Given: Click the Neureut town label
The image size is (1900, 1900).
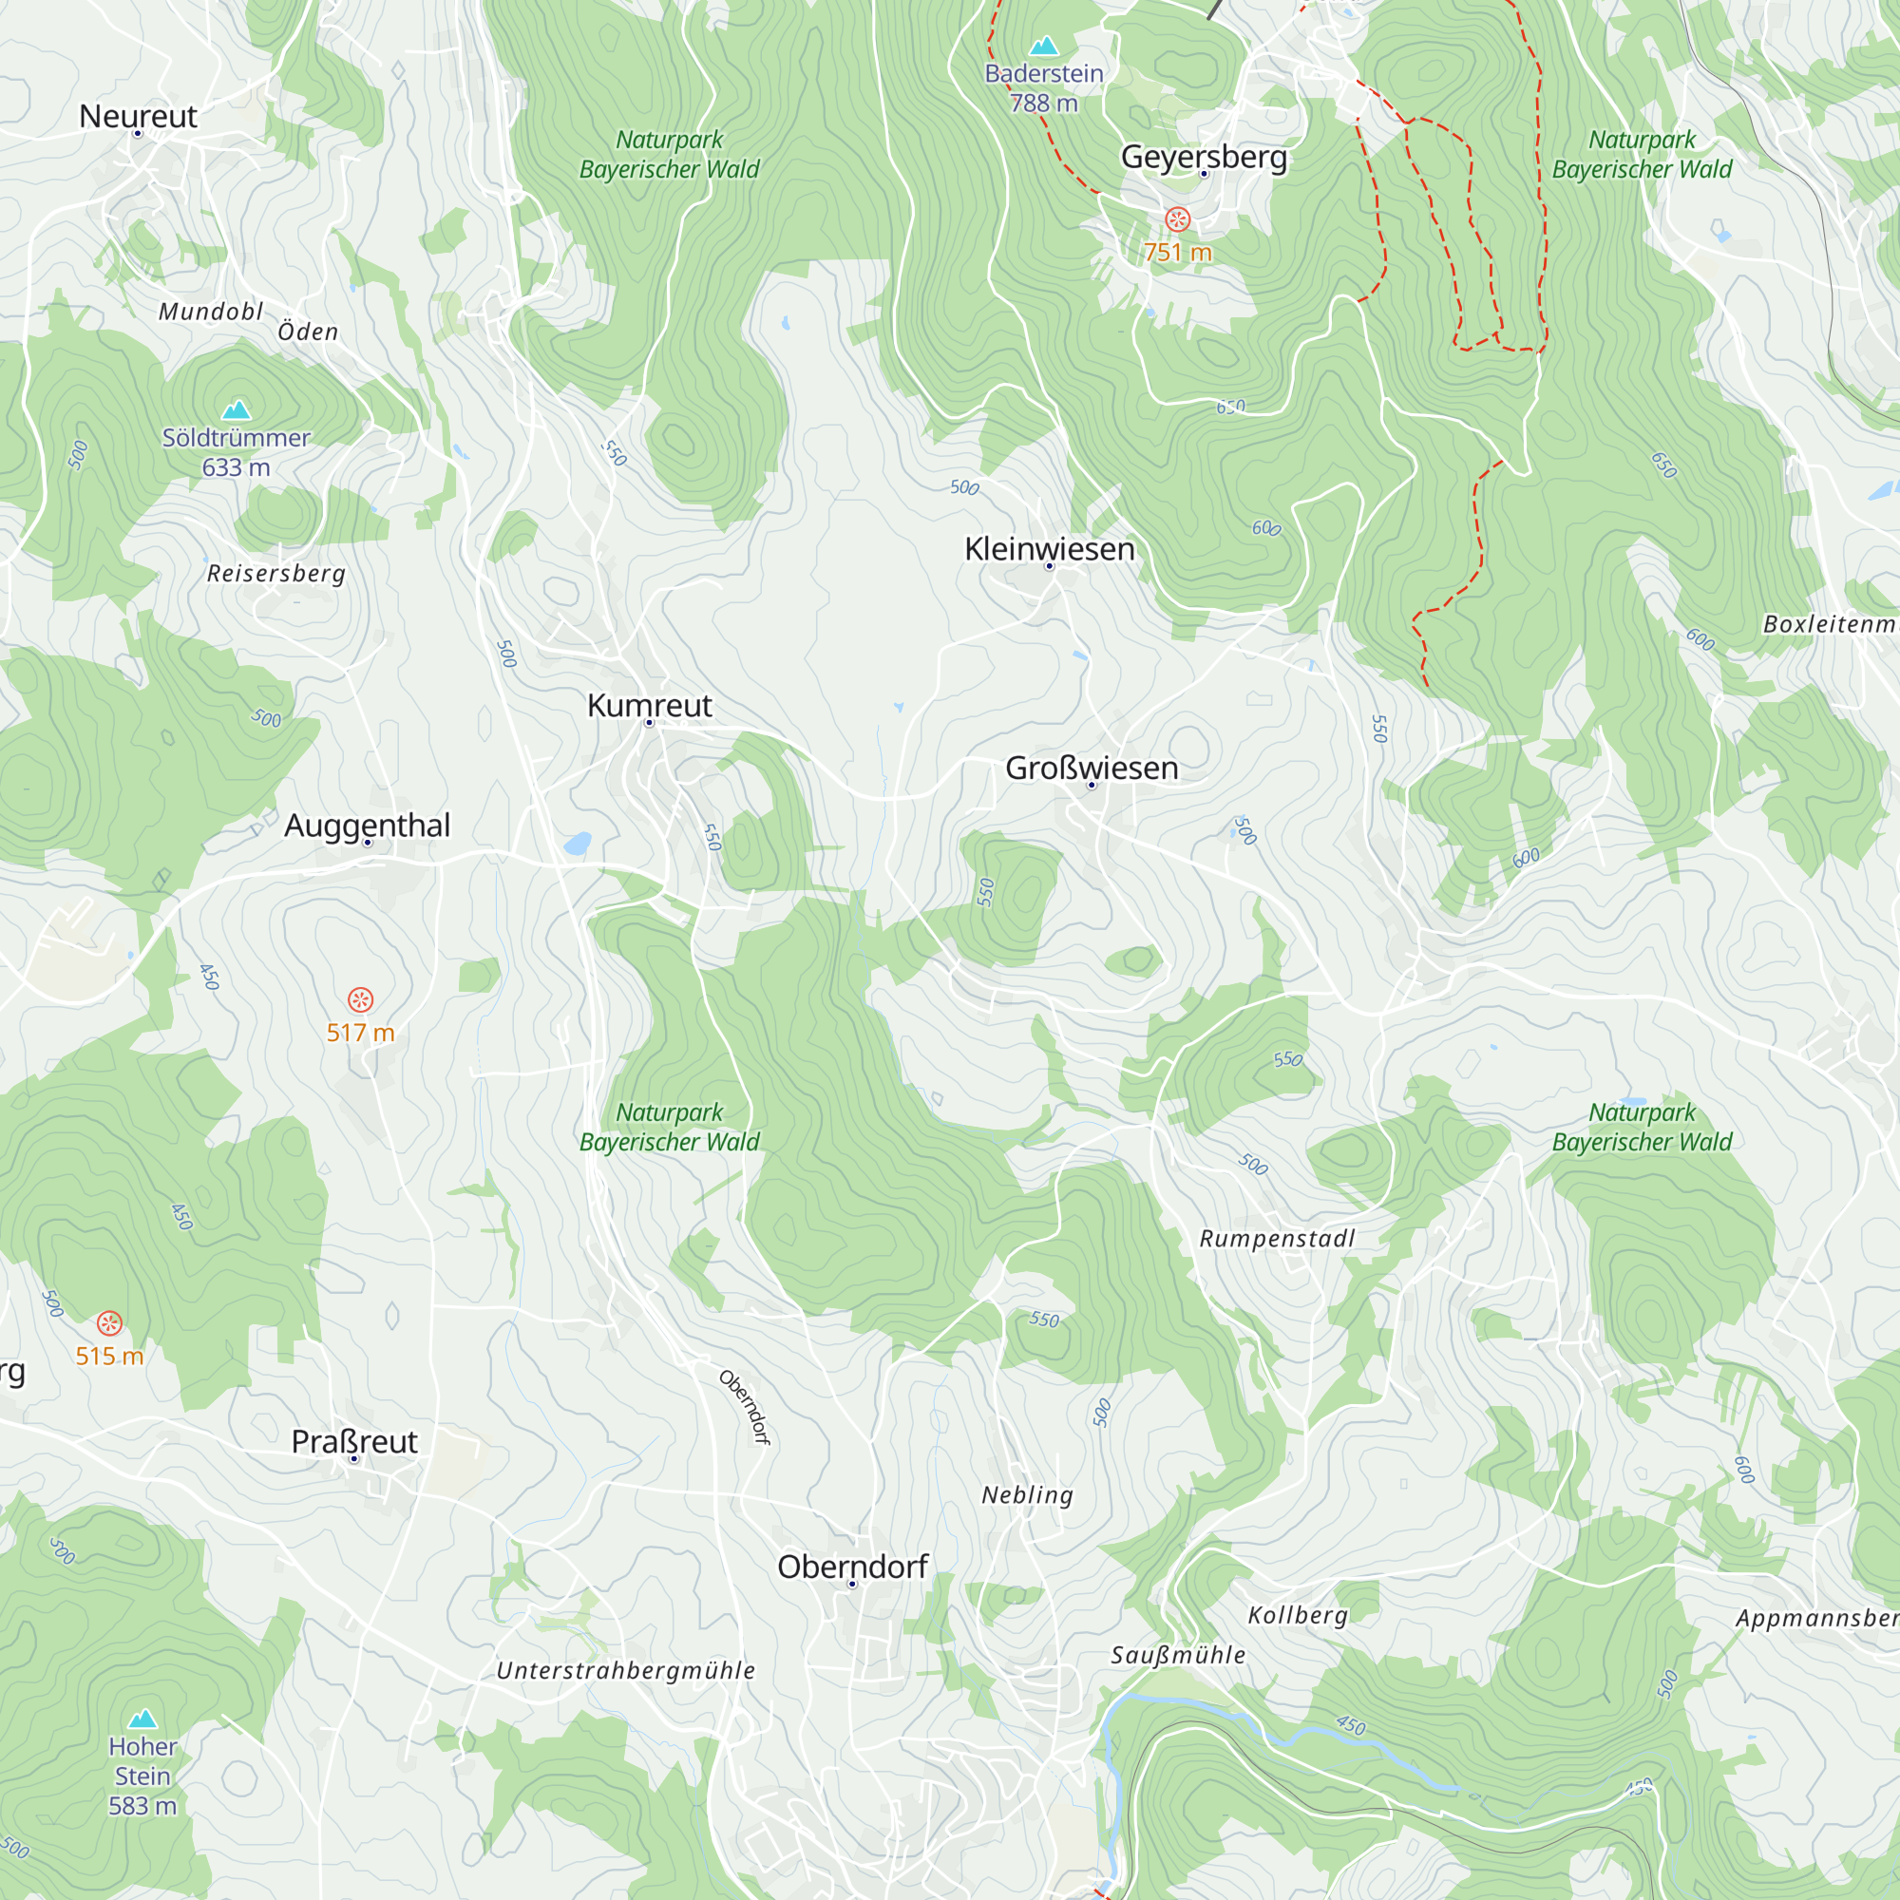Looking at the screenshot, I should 138,116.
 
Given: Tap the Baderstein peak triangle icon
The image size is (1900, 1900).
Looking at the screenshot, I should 1043,46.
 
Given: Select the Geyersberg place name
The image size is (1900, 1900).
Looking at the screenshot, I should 1204,157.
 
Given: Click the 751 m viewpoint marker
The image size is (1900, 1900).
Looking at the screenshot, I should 1177,219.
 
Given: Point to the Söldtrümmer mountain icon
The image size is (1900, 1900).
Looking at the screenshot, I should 236,409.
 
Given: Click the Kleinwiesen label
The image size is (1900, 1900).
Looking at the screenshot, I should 1050,549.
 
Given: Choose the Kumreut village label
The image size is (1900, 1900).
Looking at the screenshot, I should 649,705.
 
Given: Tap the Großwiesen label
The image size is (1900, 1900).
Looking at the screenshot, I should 1092,768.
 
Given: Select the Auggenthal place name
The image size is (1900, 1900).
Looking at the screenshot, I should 367,826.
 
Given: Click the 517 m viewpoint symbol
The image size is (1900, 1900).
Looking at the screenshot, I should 361,1000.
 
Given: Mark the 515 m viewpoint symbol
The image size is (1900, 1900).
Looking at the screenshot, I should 109,1323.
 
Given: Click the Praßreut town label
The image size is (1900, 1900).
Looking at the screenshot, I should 354,1442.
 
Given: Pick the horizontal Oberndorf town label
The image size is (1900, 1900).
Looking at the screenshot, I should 853,1567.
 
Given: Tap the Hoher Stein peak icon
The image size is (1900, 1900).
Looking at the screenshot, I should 142,1718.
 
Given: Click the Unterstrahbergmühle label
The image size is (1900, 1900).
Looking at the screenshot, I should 625,1671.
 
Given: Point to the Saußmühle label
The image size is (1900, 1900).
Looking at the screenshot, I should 1178,1655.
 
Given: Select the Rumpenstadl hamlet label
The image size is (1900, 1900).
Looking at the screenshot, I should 1277,1239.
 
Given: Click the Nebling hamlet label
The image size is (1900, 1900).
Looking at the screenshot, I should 1027,1494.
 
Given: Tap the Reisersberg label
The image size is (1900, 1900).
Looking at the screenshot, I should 276,574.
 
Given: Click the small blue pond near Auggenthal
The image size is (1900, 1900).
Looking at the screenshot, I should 578,844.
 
